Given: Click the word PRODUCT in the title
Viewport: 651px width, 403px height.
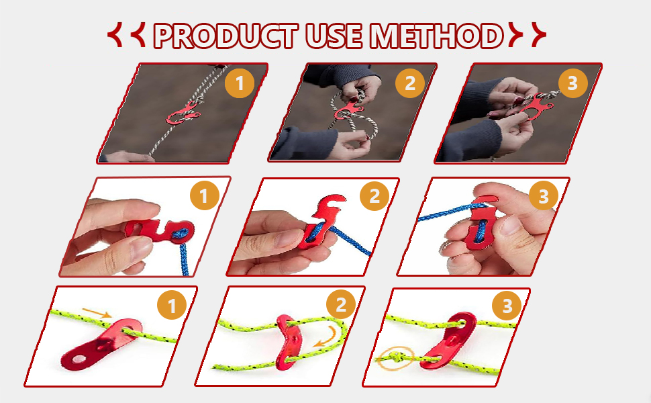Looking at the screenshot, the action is pos(226,36).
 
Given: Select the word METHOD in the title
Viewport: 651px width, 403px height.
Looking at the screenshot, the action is pos(437,36).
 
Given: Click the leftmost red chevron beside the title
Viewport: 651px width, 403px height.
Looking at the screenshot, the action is pos(114,34).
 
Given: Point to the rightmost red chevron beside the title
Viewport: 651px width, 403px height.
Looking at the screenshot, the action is pos(539,34).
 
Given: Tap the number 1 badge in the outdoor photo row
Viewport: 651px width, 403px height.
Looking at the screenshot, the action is pos(240,83).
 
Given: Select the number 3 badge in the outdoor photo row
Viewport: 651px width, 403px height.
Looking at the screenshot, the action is pos(573,83).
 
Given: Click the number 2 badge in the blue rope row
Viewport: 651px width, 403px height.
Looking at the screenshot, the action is pos(374,195).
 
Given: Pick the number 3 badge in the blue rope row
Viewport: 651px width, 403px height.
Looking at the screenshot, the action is pos(544,195).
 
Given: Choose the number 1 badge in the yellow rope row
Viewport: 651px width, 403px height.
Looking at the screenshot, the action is pos(172,306).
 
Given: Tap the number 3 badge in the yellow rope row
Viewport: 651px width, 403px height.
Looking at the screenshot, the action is pos(507,306).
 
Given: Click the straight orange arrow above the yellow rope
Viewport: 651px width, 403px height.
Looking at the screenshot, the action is pos(97,312).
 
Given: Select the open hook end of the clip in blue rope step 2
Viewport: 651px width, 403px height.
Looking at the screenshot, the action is pos(332,206).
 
